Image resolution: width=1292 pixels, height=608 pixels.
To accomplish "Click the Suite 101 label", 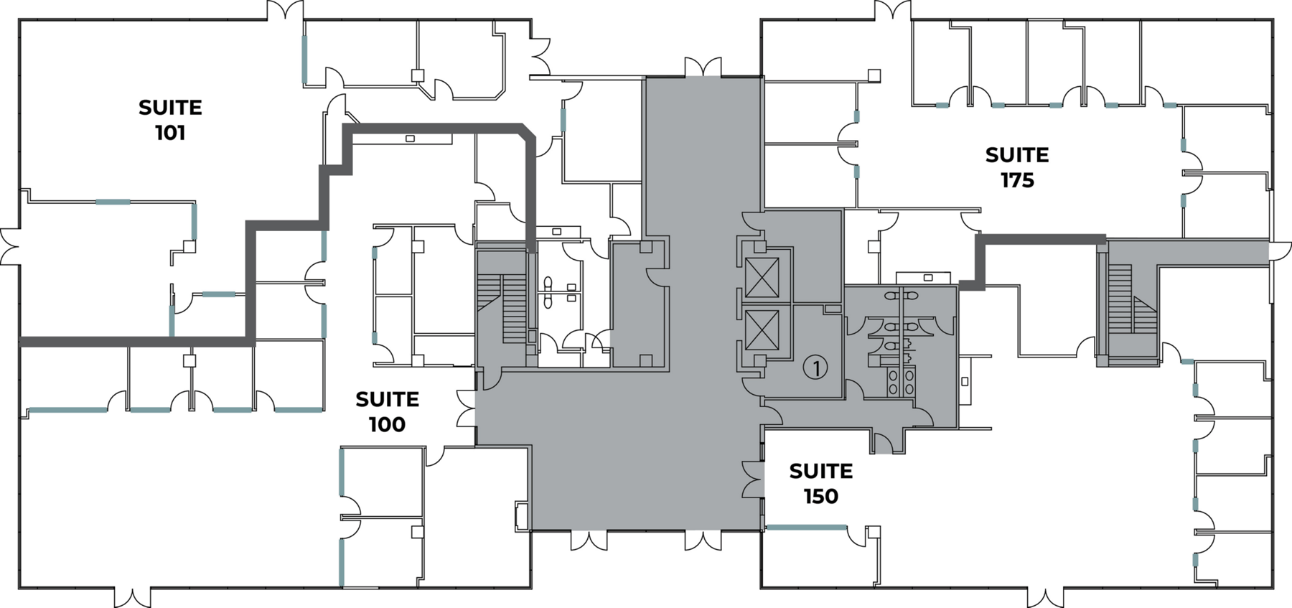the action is click(x=170, y=120).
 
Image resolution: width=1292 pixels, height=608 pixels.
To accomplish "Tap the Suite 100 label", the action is click(x=387, y=411).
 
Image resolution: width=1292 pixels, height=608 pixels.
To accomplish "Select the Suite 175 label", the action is click(x=1017, y=167).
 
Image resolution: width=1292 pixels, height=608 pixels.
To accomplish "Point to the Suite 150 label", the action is click(x=821, y=483).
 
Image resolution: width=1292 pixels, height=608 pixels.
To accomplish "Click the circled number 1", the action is click(x=815, y=368).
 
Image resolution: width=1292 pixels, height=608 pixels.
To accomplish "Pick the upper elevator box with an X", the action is click(x=762, y=278).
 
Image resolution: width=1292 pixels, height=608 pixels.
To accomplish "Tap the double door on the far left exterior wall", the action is click(x=10, y=247).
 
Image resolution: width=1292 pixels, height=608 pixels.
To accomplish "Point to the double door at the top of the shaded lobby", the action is click(x=703, y=67).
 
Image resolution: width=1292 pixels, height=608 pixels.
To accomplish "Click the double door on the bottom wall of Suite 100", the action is click(x=133, y=597).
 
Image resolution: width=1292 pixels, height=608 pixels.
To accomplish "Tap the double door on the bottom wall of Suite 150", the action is click(x=1046, y=597).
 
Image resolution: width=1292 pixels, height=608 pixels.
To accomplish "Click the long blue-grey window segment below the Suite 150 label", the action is click(x=806, y=528).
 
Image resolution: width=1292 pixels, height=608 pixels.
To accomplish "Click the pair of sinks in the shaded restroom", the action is click(x=902, y=381).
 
